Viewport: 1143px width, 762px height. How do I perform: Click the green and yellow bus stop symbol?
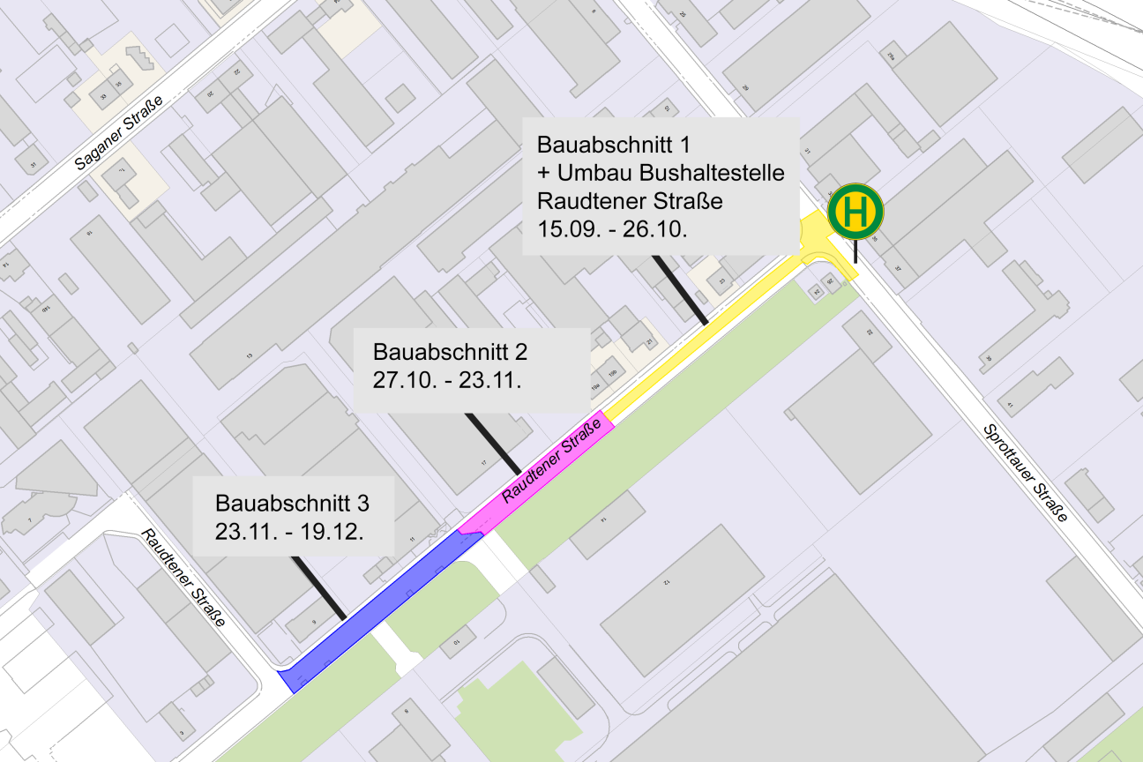point(855,211)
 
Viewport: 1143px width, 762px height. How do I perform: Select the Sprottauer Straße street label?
point(1026,472)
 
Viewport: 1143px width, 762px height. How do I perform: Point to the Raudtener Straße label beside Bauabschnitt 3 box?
point(183,578)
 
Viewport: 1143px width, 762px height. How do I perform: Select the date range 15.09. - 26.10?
point(612,229)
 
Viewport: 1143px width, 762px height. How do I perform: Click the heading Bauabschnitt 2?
point(450,353)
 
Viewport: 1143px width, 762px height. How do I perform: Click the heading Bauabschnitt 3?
point(292,504)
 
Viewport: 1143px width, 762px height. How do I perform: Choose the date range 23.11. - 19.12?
point(290,533)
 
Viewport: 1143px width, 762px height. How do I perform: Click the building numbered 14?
point(607,524)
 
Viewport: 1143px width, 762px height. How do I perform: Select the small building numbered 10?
point(458,642)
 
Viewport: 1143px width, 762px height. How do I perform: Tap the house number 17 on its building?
point(483,463)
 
